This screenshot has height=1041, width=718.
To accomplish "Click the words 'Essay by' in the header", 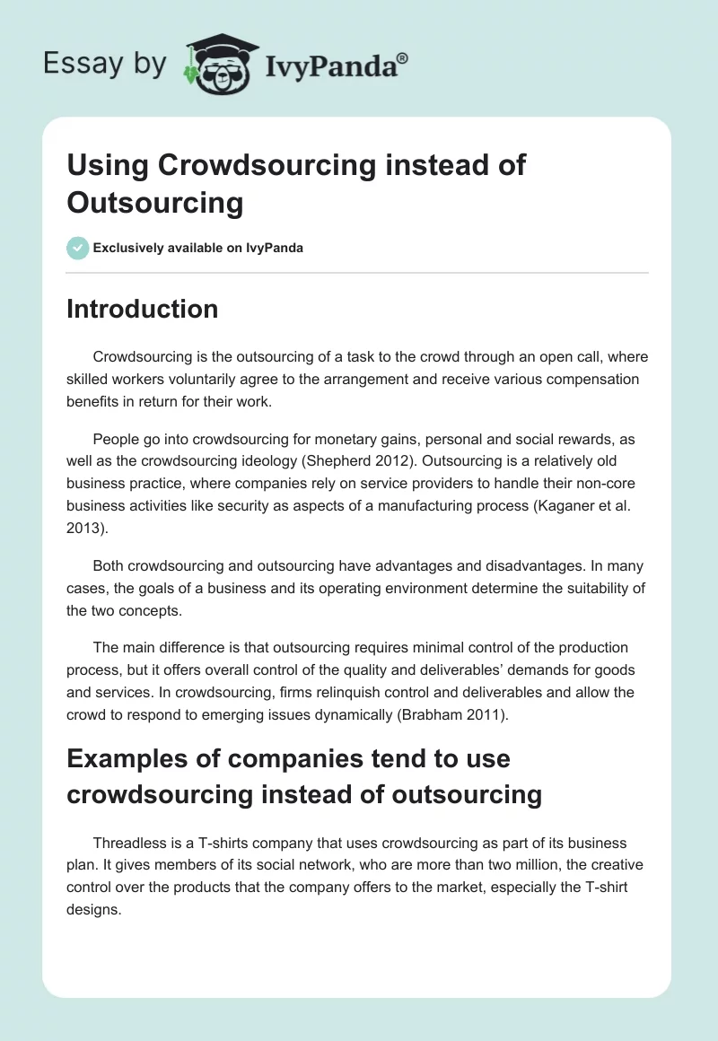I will point(104,64).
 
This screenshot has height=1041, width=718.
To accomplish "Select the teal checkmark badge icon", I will point(77,248).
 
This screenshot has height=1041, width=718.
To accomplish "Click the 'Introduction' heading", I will point(142,310).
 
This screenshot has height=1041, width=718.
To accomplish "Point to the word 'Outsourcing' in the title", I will point(155,203).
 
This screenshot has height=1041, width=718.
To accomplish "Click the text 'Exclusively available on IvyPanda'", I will point(198,248).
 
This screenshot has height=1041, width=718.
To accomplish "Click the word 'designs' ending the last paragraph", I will point(92,908).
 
